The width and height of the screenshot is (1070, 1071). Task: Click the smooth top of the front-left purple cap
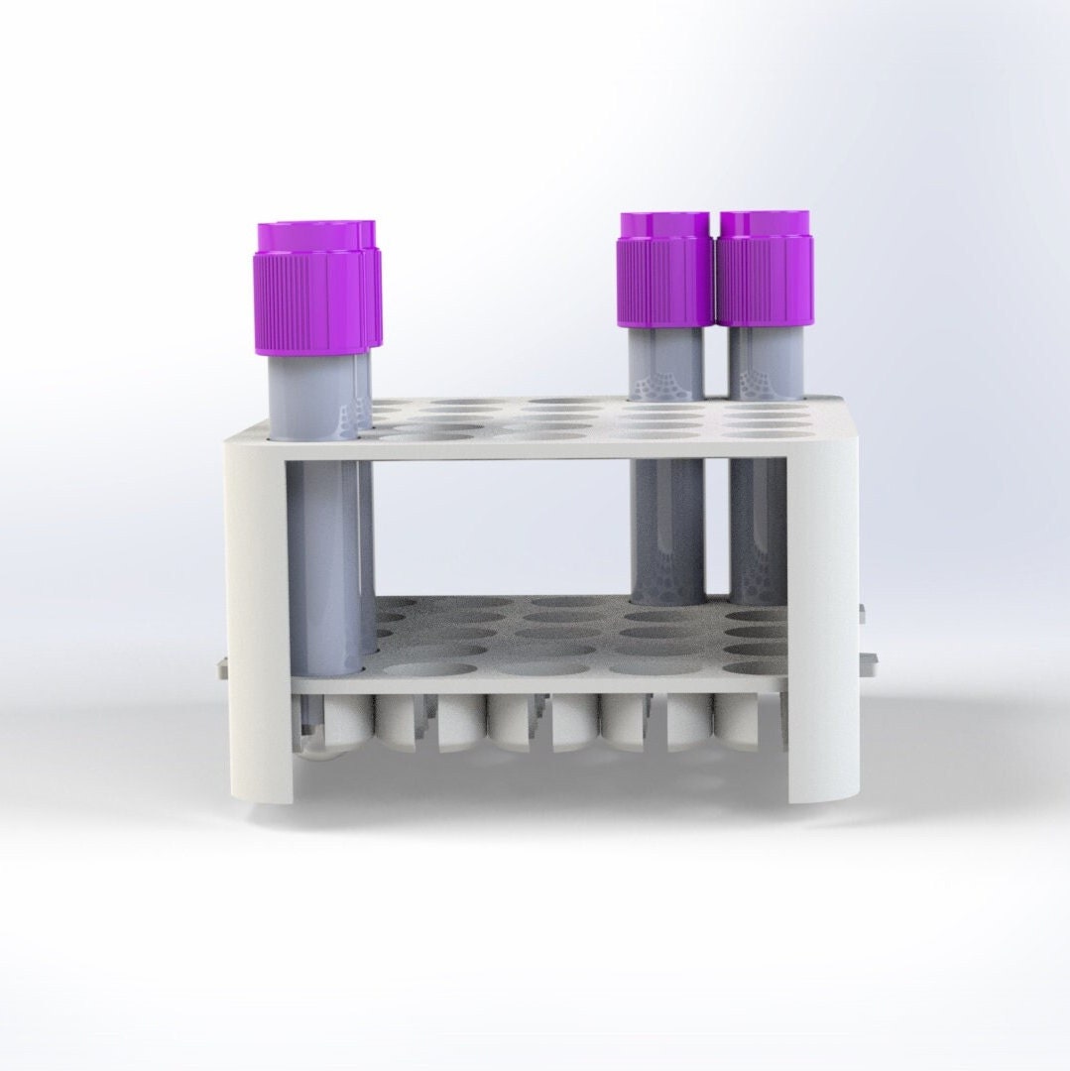pyautogui.click(x=309, y=238)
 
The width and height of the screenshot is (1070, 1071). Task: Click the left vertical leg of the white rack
pyautogui.click(x=256, y=615)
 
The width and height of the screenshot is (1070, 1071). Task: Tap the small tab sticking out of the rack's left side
pyautogui.click(x=219, y=669)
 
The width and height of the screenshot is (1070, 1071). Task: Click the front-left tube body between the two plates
pyautogui.click(x=322, y=555)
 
